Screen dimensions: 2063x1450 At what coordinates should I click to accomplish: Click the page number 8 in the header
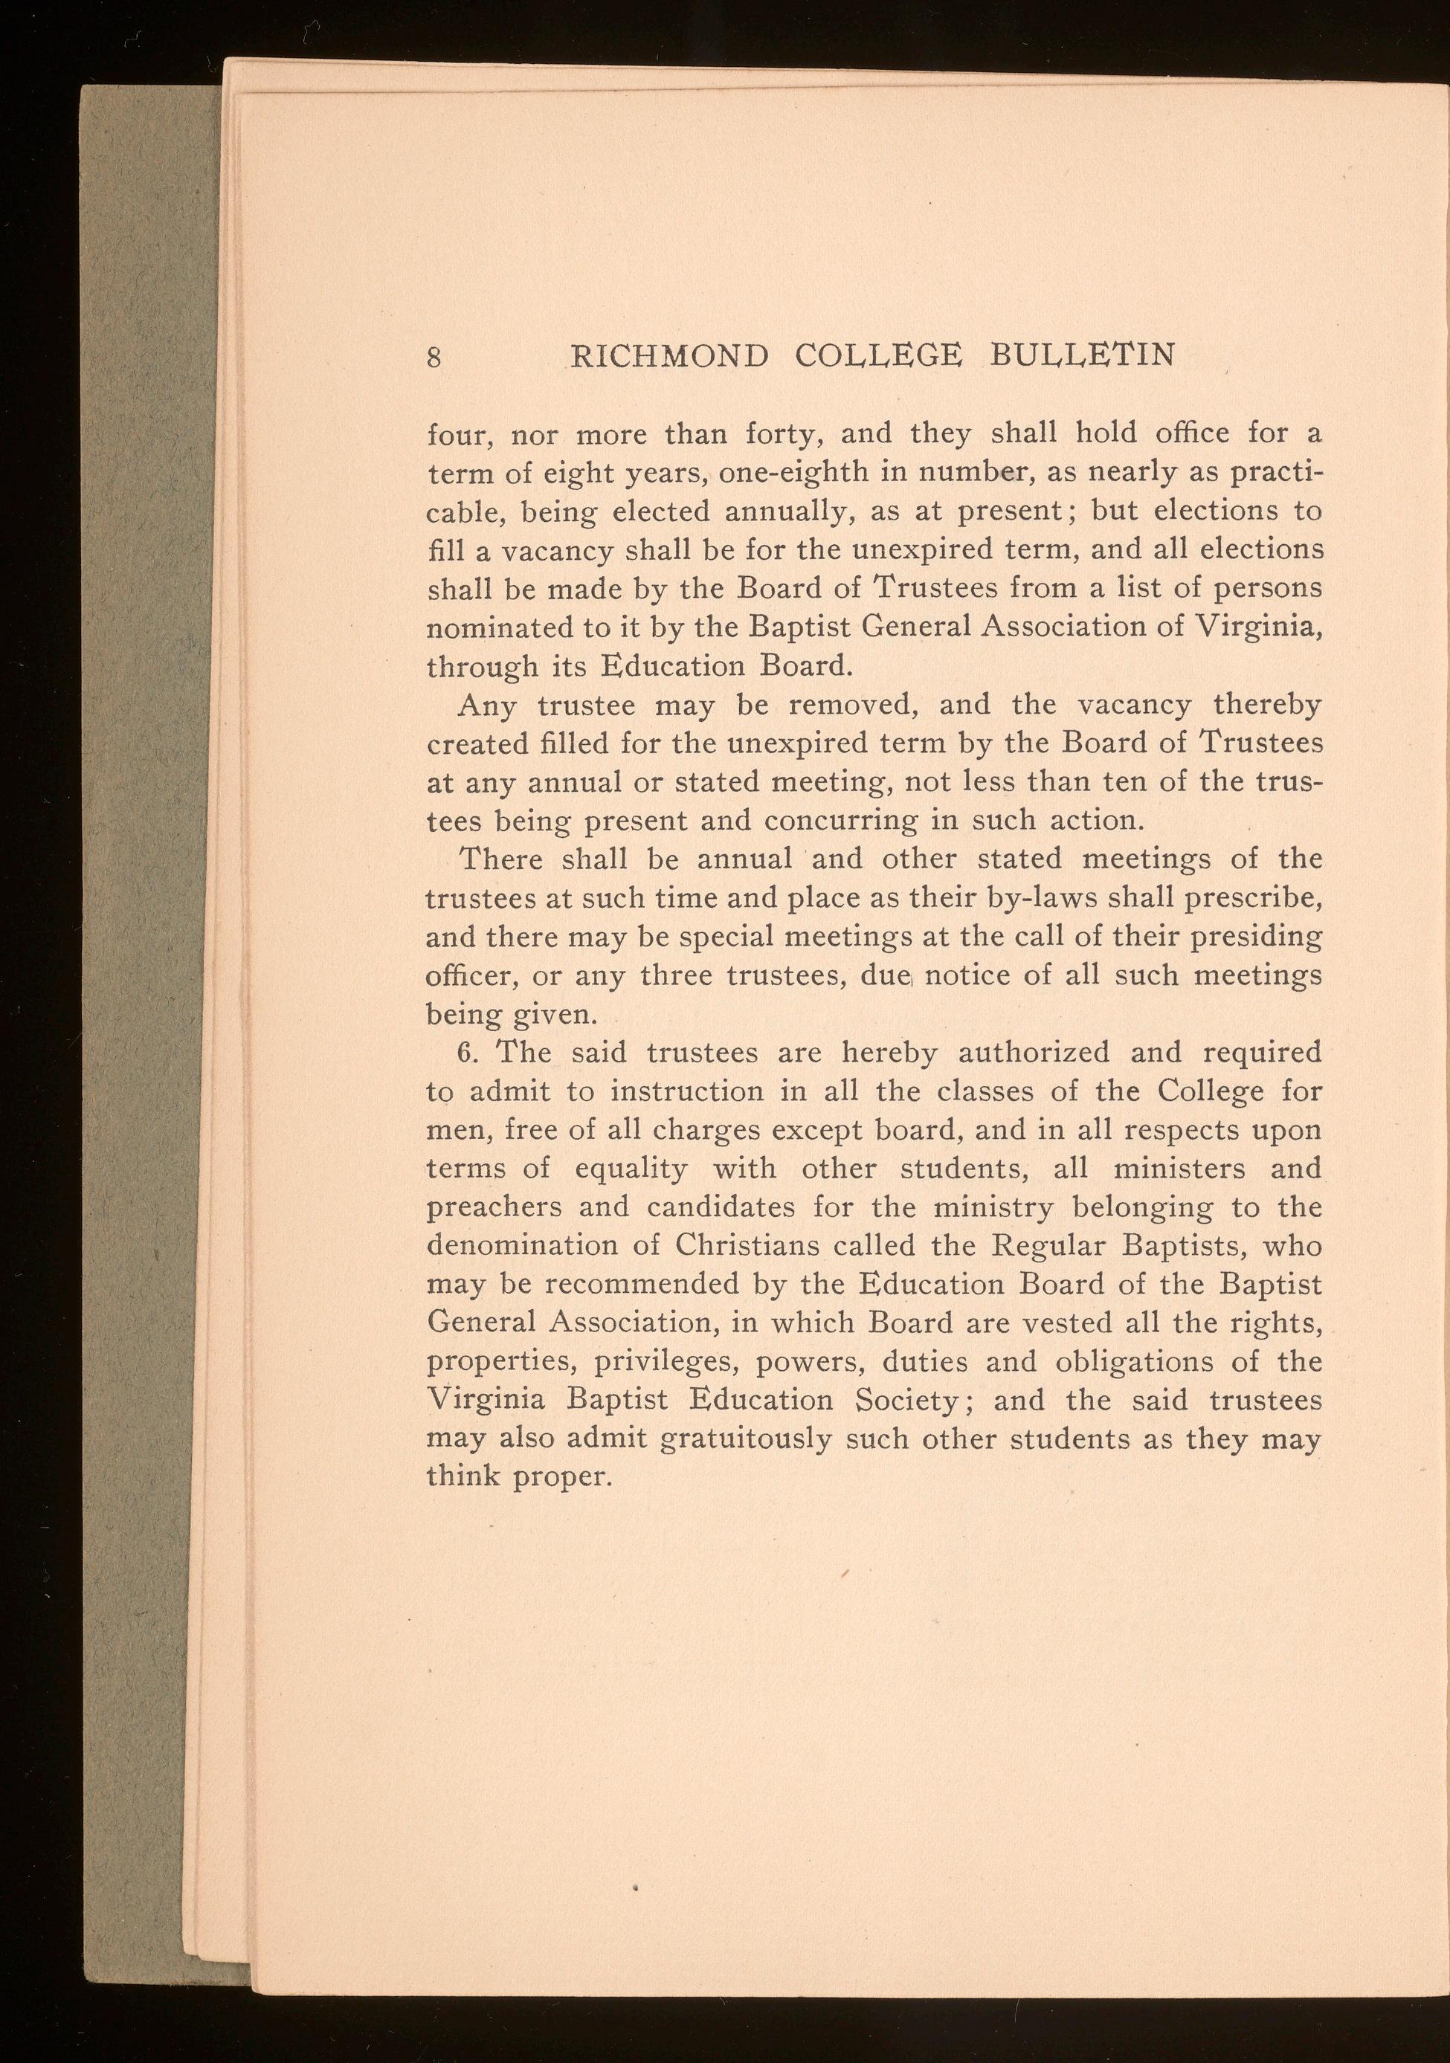point(434,358)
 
